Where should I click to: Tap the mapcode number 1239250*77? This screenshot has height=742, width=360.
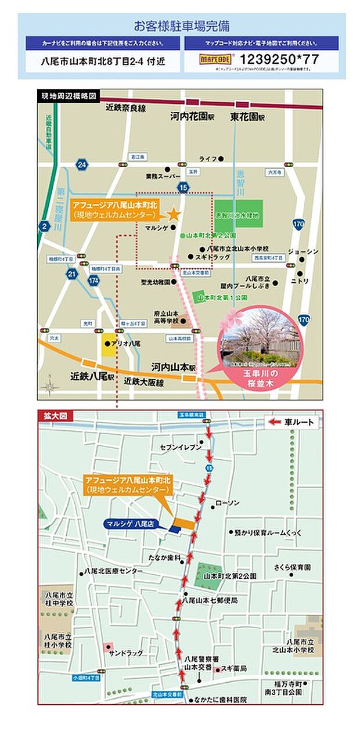click(279, 59)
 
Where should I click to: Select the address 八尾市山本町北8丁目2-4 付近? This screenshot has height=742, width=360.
click(102, 60)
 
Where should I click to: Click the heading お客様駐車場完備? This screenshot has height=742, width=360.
click(181, 26)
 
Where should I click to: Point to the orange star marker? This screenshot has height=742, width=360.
click(173, 215)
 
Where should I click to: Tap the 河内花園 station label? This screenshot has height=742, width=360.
click(192, 116)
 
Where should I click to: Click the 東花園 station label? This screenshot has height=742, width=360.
click(247, 116)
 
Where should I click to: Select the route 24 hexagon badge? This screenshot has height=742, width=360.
click(81, 165)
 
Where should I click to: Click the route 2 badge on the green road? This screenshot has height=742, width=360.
click(45, 225)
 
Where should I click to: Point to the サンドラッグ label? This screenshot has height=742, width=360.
click(125, 653)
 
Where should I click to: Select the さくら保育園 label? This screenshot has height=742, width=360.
click(293, 567)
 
